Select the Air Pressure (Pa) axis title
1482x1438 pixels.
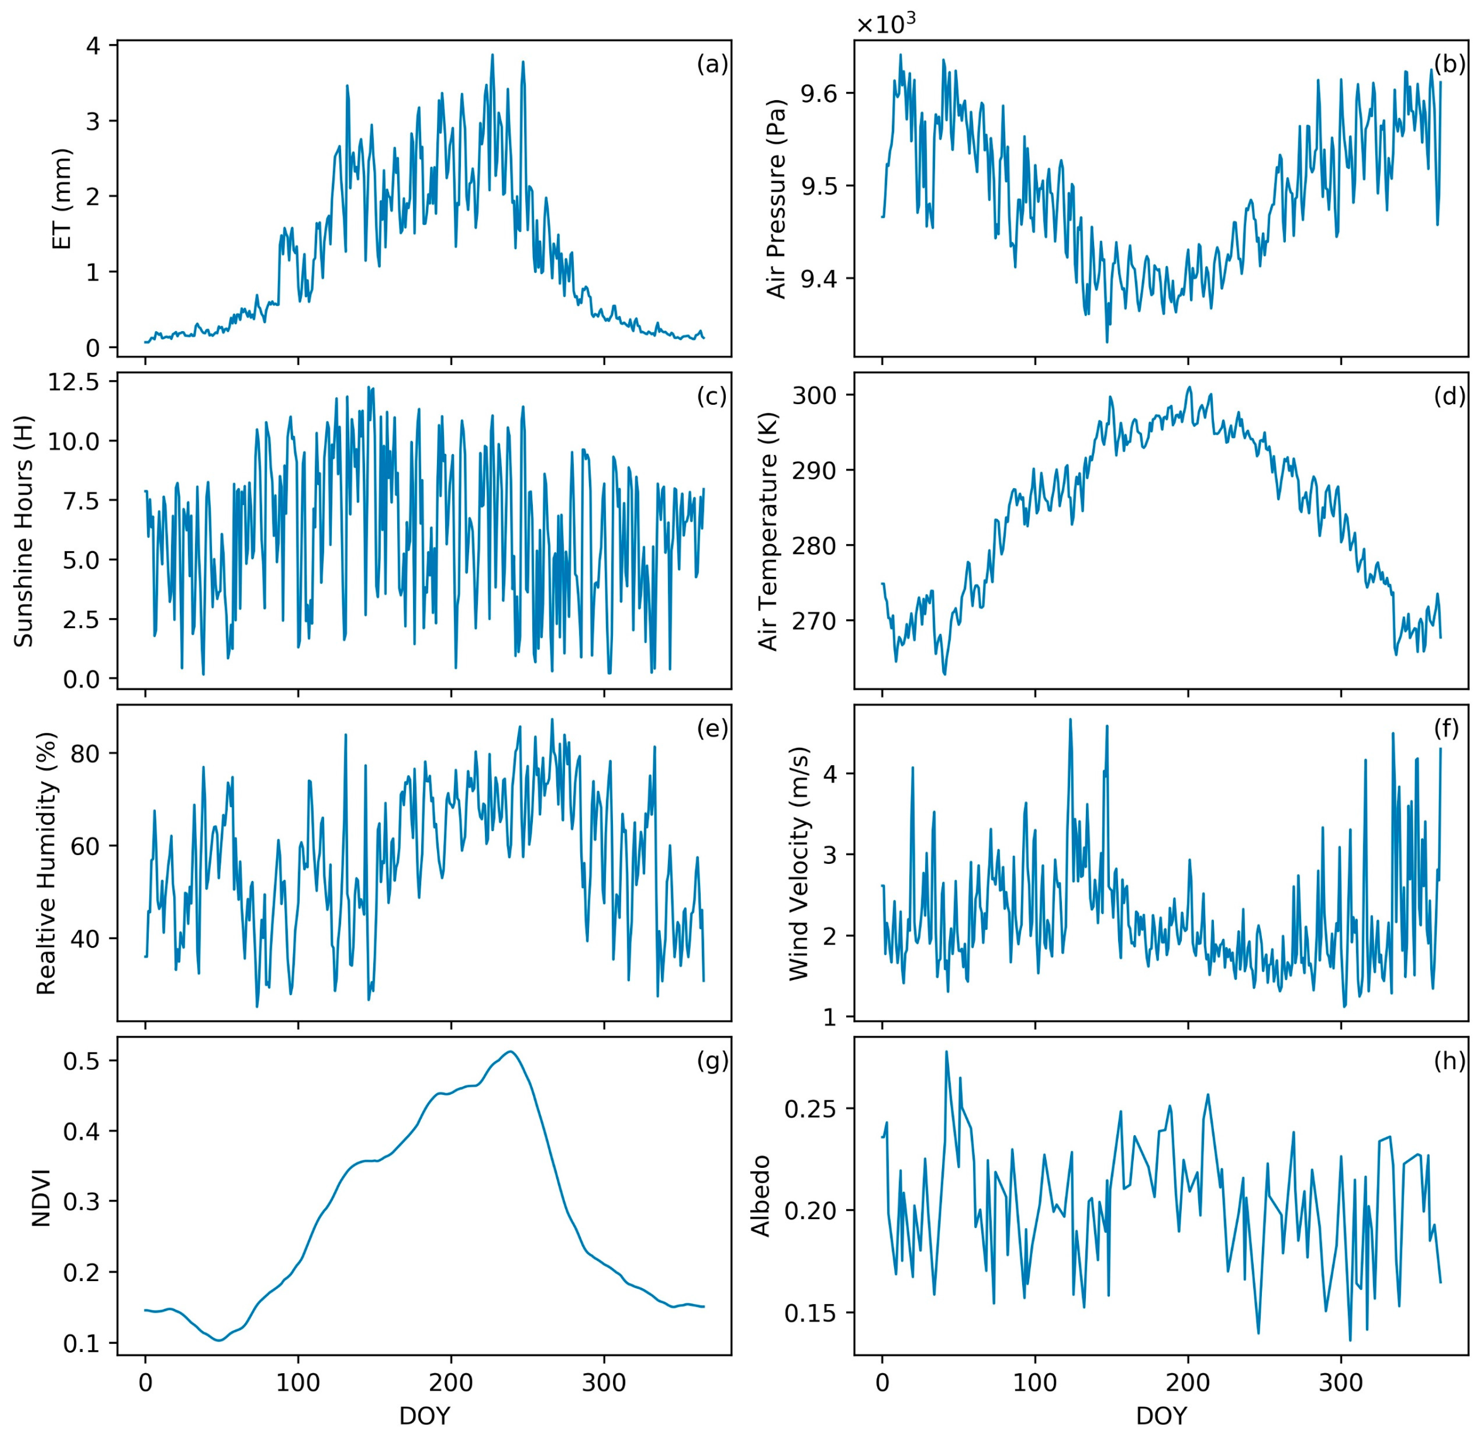point(776,199)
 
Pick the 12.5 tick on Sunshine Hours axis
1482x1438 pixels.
point(74,383)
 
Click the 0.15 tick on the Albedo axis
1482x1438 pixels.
point(810,1313)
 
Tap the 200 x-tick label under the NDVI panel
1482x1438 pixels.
point(451,1384)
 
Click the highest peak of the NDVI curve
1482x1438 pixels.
point(511,1052)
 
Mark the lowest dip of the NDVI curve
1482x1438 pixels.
point(218,1340)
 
